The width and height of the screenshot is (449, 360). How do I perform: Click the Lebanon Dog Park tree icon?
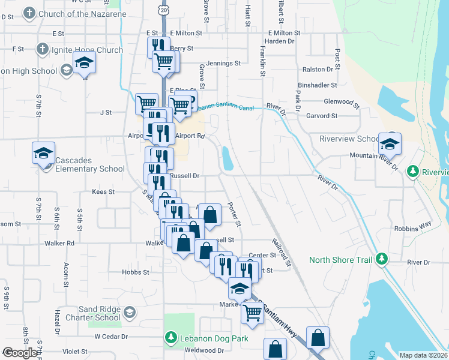click(x=171, y=339)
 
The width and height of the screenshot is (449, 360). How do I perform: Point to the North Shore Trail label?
click(x=340, y=260)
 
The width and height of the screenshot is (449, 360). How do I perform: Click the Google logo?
click(x=20, y=353)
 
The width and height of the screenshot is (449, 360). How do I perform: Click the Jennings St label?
click(x=223, y=62)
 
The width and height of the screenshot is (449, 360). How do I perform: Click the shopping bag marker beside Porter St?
click(x=210, y=214)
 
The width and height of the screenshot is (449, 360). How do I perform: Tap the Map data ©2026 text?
click(x=423, y=355)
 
